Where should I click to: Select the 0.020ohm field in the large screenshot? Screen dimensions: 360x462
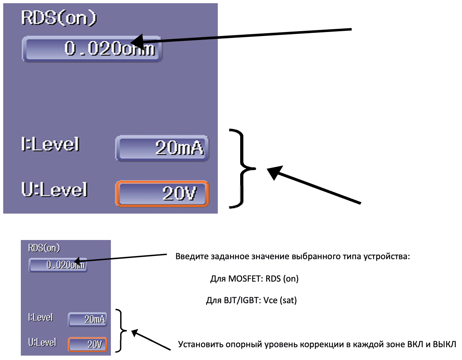point(92,49)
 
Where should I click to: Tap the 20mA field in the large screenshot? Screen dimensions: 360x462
point(162,148)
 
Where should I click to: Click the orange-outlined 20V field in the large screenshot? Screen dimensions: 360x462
point(162,194)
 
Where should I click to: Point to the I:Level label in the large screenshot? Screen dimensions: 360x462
point(50,144)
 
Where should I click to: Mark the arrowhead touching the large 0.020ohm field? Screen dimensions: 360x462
point(138,41)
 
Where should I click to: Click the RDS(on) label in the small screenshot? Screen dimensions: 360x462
point(44,248)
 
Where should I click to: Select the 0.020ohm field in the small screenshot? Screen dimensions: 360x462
point(58,265)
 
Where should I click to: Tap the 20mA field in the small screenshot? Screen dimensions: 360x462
point(88,319)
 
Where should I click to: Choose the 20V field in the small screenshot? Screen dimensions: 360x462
point(88,344)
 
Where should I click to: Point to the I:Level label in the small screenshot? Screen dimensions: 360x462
point(40,318)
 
